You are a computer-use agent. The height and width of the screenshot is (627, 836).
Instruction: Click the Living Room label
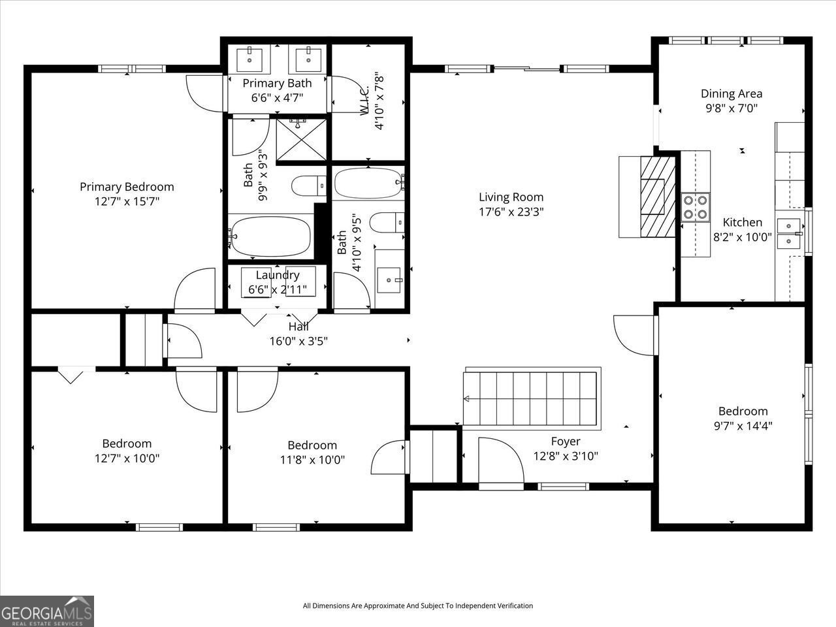click(x=511, y=197)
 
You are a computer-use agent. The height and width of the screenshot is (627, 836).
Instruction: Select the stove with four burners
click(x=695, y=207)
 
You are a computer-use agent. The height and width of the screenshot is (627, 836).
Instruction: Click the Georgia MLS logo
click(x=47, y=611)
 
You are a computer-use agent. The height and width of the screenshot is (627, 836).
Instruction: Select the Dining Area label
click(x=731, y=94)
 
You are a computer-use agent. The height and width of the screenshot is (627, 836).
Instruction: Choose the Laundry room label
click(x=278, y=275)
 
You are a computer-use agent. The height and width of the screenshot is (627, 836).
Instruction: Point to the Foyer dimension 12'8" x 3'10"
click(x=566, y=457)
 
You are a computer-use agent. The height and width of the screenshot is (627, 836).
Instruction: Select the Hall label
click(x=298, y=327)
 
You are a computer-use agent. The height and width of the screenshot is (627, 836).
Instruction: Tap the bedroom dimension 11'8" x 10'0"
click(x=312, y=460)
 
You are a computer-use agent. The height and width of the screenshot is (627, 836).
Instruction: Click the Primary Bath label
click(x=277, y=84)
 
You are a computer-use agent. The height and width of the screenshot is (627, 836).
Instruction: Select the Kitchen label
click(x=742, y=223)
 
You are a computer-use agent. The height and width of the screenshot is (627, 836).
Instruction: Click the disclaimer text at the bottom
click(x=418, y=606)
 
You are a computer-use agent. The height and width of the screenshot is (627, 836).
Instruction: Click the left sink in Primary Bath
click(x=250, y=59)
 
